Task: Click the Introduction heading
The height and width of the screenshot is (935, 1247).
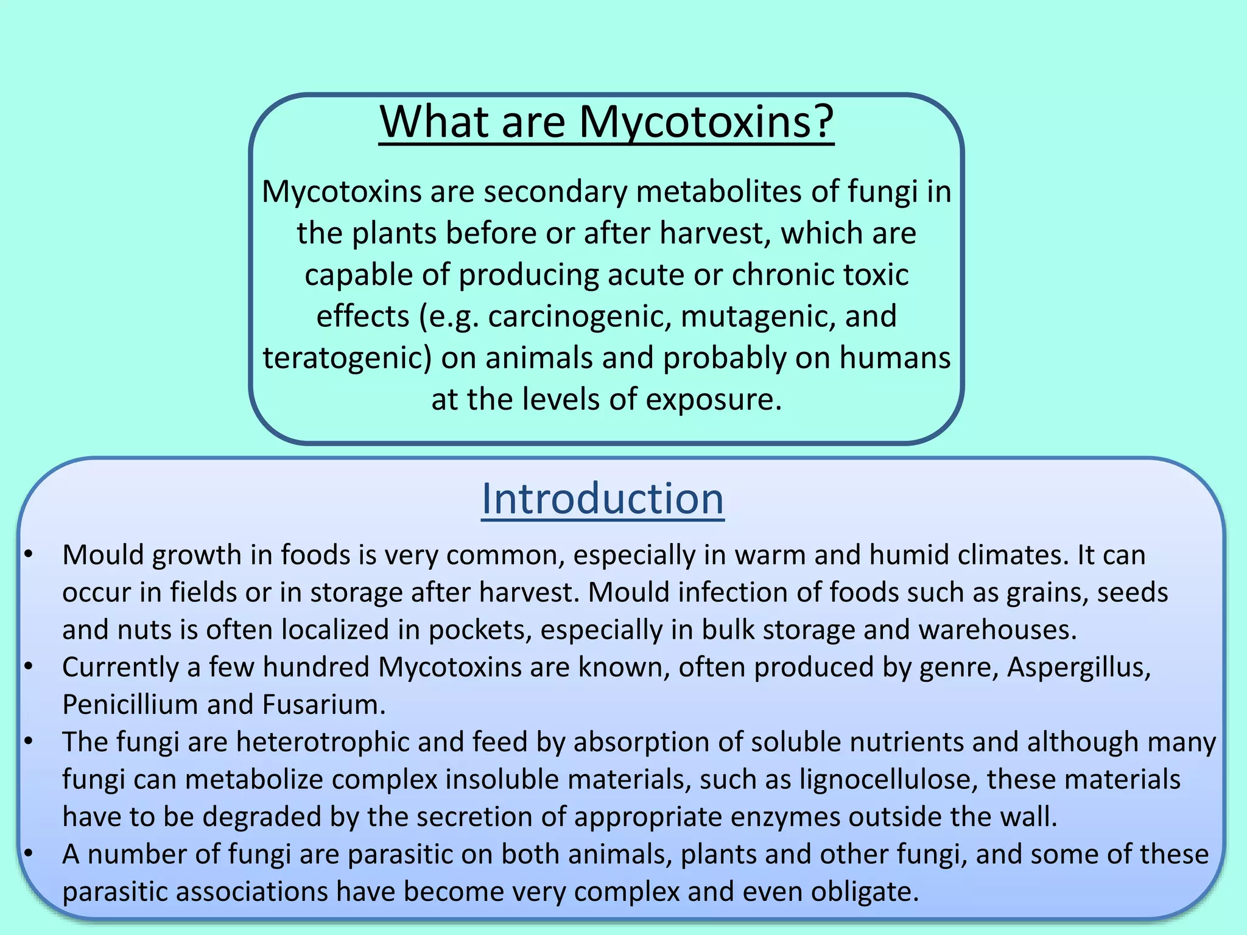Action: pyautogui.click(x=602, y=499)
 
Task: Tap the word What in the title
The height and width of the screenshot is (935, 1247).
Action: pyautogui.click(x=434, y=122)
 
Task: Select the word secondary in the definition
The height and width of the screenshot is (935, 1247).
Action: pyautogui.click(x=556, y=192)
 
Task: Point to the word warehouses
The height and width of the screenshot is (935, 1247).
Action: pyautogui.click(x=997, y=630)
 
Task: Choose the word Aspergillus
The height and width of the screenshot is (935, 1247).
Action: pyautogui.click(x=1078, y=668)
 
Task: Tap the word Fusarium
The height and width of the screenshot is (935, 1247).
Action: pyautogui.click(x=324, y=705)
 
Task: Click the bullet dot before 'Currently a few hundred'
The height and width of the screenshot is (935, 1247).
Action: pyautogui.click(x=28, y=667)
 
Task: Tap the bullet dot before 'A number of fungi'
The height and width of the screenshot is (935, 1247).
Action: pyautogui.click(x=28, y=854)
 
